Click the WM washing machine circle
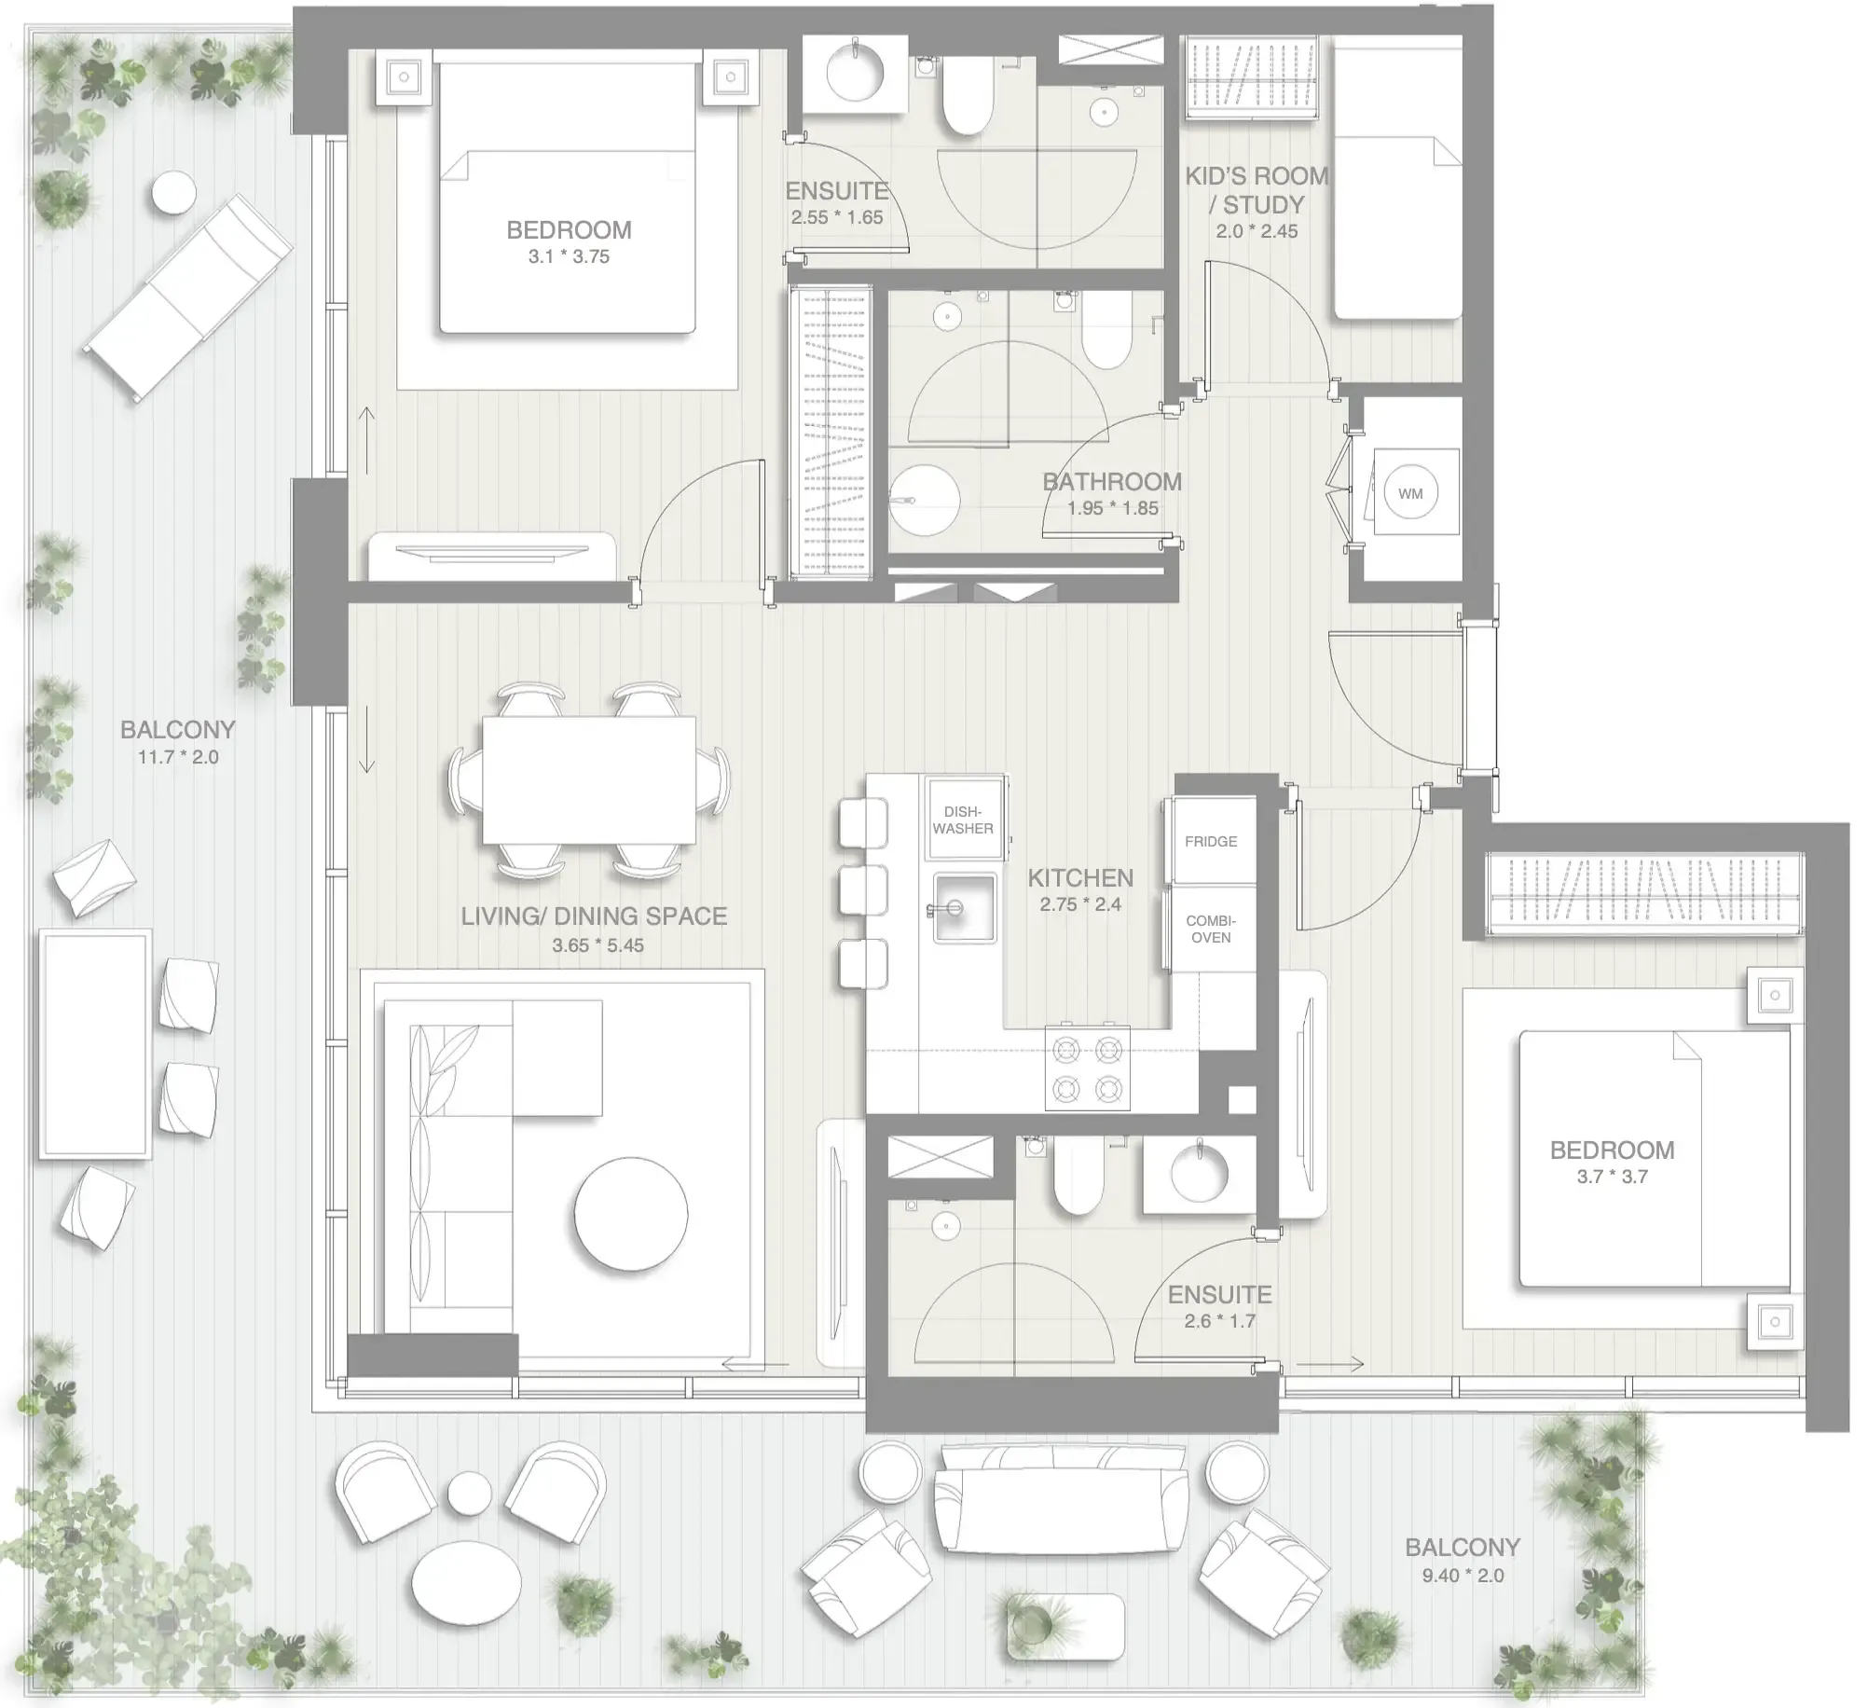[1410, 493]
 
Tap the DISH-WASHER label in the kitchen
[963, 820]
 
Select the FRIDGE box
[1211, 841]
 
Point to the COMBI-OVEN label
[1211, 929]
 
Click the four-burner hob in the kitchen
[1087, 1067]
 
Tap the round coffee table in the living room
[631, 1213]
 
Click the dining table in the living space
[589, 779]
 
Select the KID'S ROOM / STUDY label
[1257, 190]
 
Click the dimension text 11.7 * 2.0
[178, 757]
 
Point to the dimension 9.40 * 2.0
[1463, 1576]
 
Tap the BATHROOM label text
[1112, 482]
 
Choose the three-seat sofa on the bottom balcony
[1063, 1500]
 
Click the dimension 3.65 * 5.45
[597, 945]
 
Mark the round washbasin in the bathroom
[924, 501]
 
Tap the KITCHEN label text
[1080, 878]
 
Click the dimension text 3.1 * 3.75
[569, 257]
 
